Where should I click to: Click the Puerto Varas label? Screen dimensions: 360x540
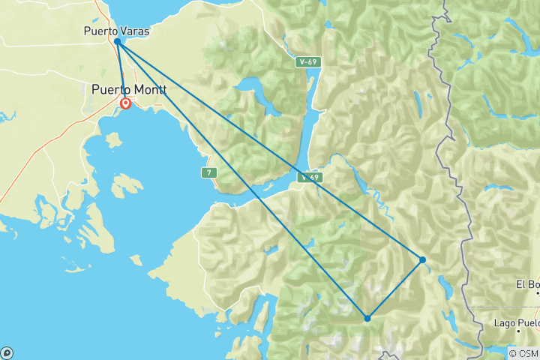(x=116, y=31)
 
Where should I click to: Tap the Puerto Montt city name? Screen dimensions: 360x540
(x=128, y=90)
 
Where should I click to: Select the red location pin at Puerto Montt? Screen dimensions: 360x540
(x=126, y=103)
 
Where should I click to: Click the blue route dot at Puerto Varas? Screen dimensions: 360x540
(x=118, y=42)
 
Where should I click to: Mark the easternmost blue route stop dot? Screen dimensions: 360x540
(x=423, y=259)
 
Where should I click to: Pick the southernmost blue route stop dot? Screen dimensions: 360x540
(x=367, y=318)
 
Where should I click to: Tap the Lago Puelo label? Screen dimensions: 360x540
(x=516, y=323)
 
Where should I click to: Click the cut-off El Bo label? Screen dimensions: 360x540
(x=527, y=284)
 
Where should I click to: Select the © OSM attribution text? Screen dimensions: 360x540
(x=523, y=353)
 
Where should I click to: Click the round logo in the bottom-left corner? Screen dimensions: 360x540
(x=7, y=352)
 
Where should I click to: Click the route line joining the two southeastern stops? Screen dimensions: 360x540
(x=395, y=289)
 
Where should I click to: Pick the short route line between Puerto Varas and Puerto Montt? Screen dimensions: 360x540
(x=121, y=71)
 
